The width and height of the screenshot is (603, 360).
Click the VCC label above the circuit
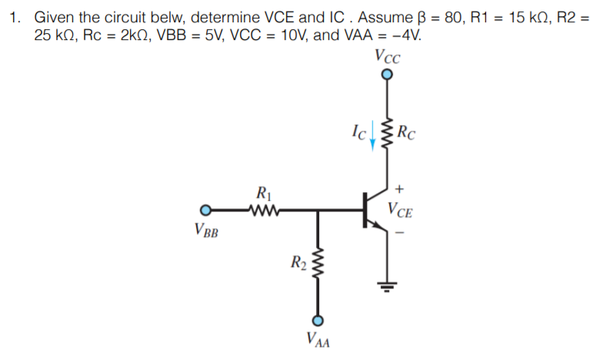(x=386, y=56)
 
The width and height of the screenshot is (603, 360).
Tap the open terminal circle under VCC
(x=387, y=75)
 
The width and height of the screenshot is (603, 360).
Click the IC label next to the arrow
(x=358, y=132)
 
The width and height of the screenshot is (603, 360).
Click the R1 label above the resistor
(x=263, y=193)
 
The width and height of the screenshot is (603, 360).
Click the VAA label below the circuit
(x=317, y=339)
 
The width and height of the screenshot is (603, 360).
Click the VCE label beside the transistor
(x=403, y=208)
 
